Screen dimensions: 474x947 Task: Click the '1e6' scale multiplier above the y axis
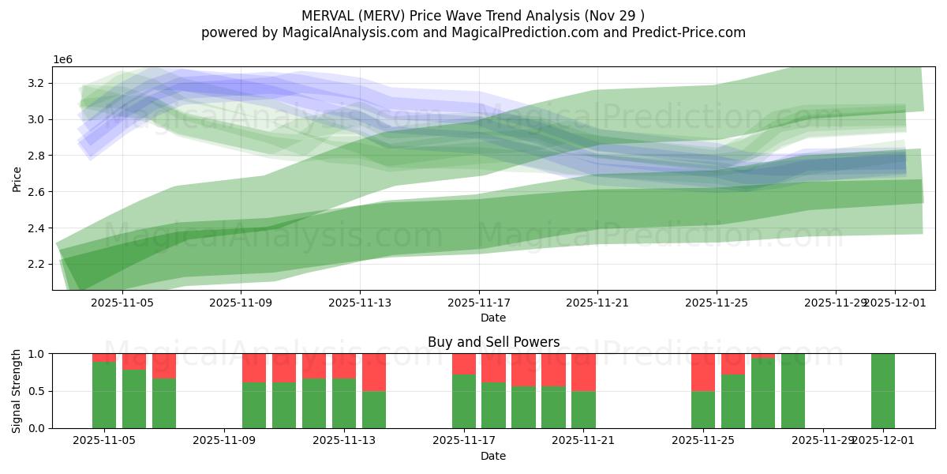coord(63,60)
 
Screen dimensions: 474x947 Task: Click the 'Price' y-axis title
coord(17,179)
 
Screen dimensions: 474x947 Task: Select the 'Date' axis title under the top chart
coord(493,318)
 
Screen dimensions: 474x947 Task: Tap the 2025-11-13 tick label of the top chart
coord(360,302)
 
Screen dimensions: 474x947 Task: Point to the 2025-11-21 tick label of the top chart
coord(597,302)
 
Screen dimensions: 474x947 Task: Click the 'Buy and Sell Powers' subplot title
coord(493,342)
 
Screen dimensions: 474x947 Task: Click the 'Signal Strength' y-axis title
coord(17,391)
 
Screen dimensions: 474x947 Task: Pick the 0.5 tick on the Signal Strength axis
coord(37,392)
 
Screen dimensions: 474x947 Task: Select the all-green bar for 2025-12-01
coord(883,391)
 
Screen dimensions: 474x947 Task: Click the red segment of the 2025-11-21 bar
coord(583,372)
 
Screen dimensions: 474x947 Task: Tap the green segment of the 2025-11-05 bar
coord(104,395)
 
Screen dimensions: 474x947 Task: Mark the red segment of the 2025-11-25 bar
coord(702,372)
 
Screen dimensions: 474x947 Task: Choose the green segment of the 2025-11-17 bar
coord(464,401)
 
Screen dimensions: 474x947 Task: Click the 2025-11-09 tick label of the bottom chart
coord(225,441)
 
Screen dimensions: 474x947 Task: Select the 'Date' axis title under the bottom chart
coord(493,456)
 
